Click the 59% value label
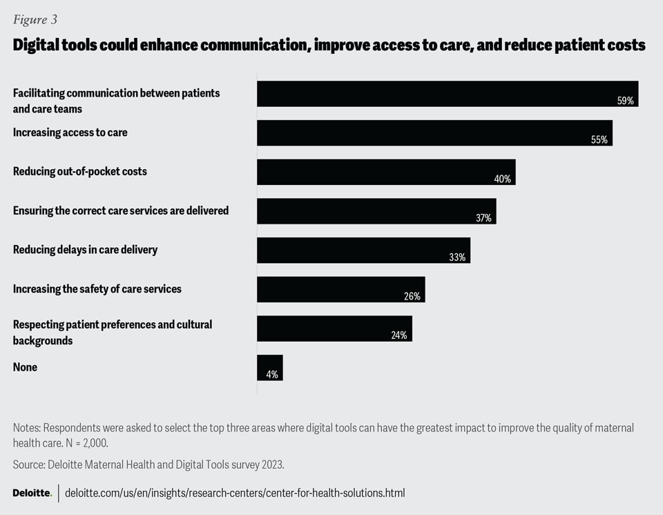625,101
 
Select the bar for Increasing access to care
434,133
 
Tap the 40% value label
502,179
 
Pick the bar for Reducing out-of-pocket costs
386,172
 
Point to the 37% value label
483,218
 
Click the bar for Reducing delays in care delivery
363,250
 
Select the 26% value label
412,296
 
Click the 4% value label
272,375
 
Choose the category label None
25,367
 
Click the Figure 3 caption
35,19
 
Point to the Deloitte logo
32,493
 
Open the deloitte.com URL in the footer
234,493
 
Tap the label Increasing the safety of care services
97,289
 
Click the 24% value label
399,336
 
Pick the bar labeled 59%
447,93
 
